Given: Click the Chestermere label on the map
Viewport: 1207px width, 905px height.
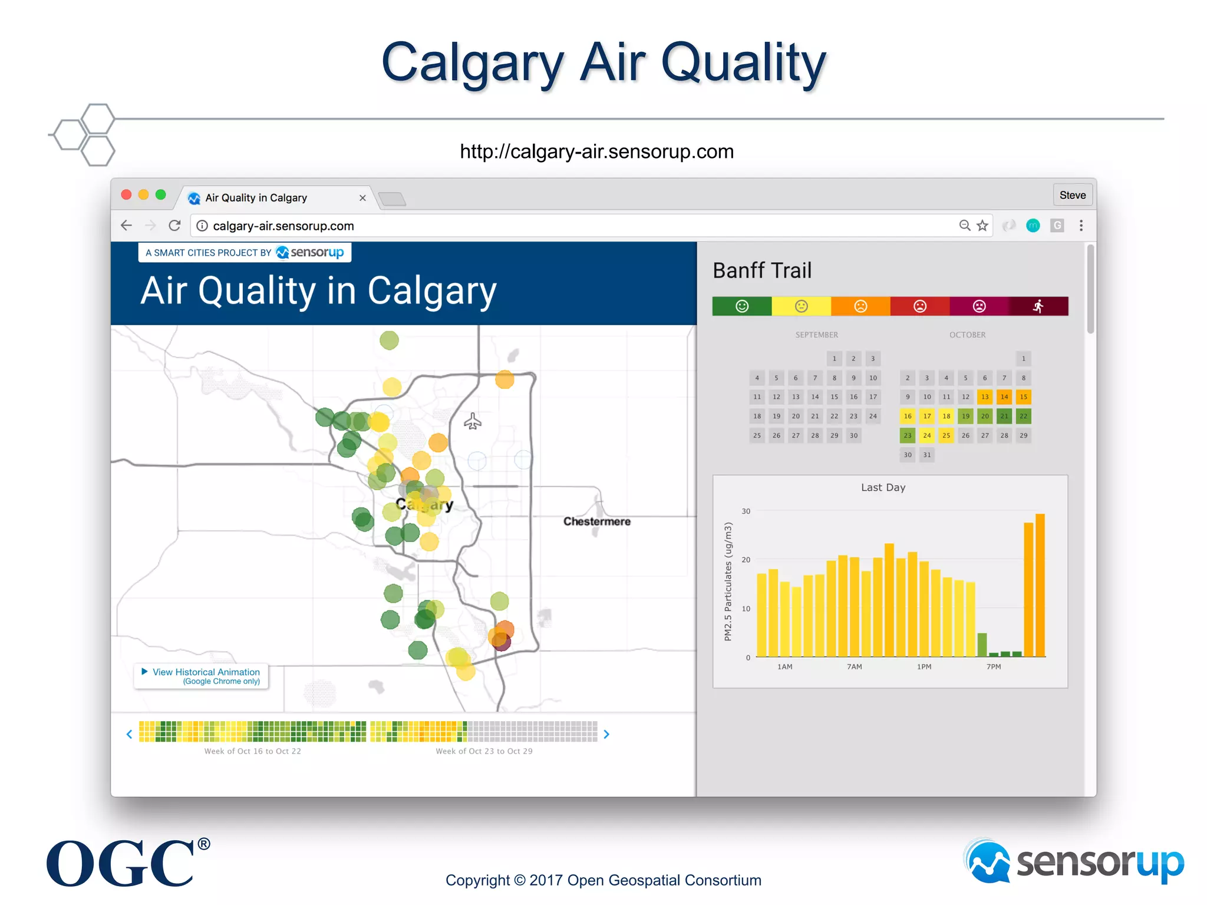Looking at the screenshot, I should tap(596, 521).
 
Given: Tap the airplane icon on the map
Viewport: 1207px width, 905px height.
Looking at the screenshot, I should tap(473, 421).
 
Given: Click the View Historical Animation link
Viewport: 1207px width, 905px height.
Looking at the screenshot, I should tap(206, 672).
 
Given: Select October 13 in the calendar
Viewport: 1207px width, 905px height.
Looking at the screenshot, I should tap(985, 397).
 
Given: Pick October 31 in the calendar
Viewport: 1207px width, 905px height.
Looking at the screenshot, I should tap(927, 455).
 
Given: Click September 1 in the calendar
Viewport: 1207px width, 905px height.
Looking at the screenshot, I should tap(834, 359).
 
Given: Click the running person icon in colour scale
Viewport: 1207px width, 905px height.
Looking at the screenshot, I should tap(1038, 306).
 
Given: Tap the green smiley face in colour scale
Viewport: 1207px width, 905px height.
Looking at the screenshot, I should tap(742, 306).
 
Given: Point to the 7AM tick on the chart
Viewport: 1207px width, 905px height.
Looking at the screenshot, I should tap(854, 667).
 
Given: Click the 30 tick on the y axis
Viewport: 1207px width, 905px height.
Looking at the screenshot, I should tap(746, 511).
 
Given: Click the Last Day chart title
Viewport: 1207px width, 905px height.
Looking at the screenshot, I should tap(883, 488).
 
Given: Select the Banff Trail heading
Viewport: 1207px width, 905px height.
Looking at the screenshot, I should tap(762, 271).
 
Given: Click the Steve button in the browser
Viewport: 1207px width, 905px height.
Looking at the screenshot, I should tap(1072, 195).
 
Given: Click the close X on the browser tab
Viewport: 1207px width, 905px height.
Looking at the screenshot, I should tap(362, 198).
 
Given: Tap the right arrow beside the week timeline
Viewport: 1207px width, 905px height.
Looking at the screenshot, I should tap(606, 734).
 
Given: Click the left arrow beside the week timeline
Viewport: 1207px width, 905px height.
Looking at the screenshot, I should tap(129, 734).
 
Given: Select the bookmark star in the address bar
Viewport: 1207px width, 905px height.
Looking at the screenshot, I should tap(982, 226).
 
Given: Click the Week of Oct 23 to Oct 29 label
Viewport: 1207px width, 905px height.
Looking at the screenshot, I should tap(484, 751).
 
